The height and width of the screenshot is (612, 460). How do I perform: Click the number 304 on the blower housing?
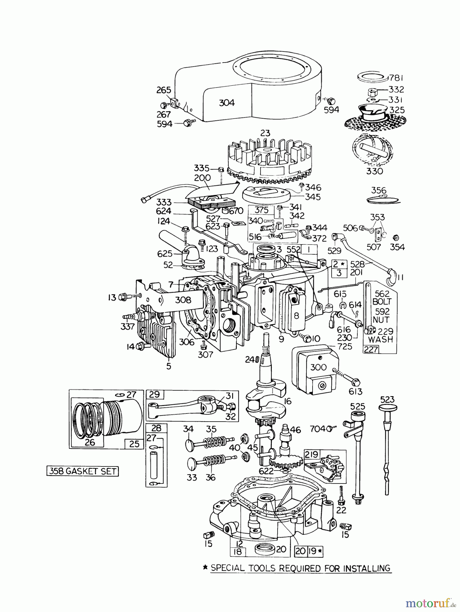(227, 103)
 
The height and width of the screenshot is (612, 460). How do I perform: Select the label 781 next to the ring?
(396, 78)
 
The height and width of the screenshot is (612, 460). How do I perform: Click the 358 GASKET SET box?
(83, 471)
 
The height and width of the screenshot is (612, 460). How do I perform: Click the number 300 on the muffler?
(318, 367)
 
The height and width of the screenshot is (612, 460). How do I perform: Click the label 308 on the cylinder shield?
(183, 300)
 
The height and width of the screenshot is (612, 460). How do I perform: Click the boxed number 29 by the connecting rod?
(155, 394)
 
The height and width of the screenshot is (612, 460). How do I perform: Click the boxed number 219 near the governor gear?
(312, 454)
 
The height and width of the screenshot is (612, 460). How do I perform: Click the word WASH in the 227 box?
(380, 339)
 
